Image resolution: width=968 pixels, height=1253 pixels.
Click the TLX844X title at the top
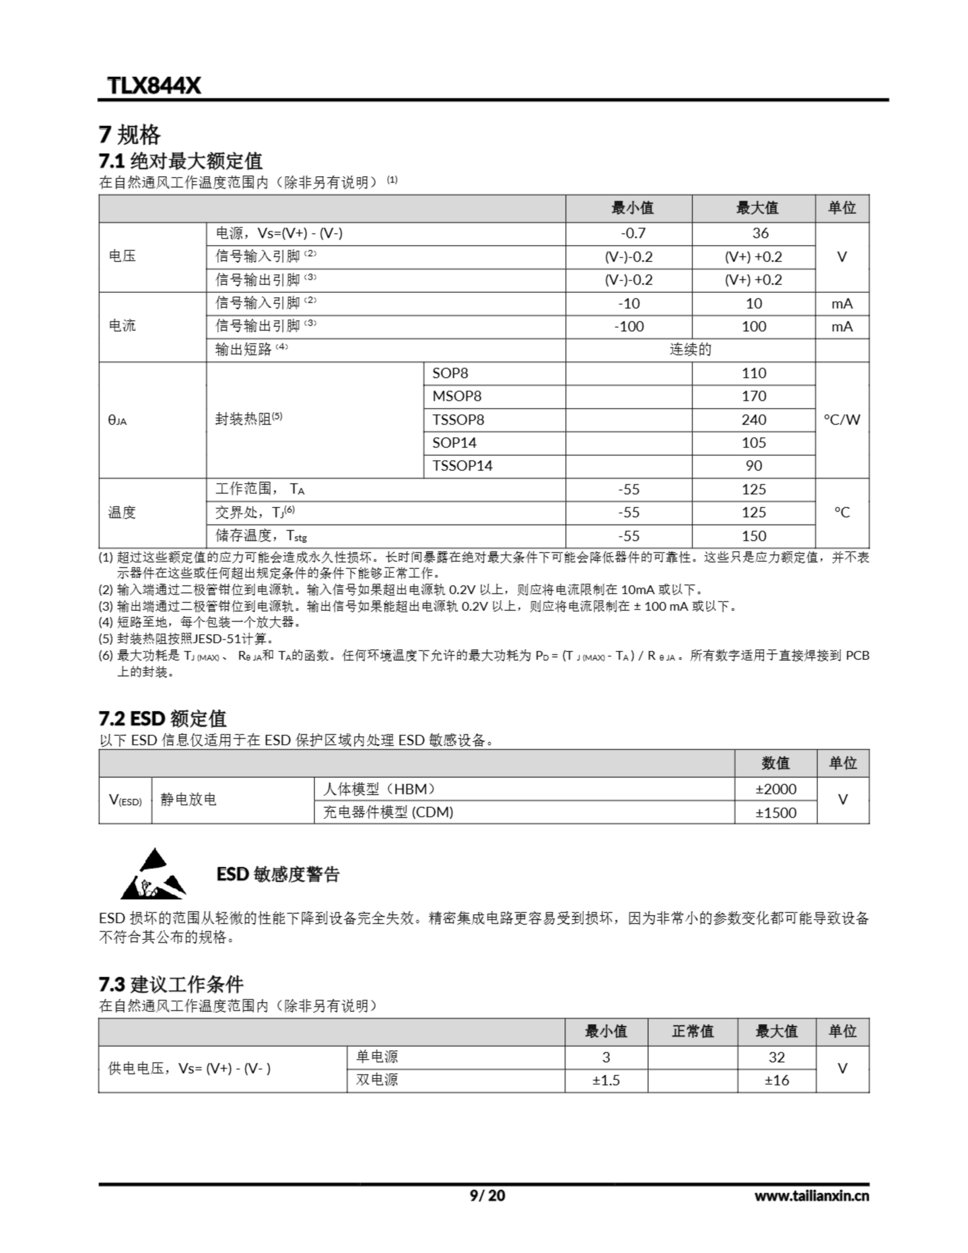click(154, 86)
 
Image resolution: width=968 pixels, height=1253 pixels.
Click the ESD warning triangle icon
click(153, 874)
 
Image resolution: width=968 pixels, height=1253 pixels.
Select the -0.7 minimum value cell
click(633, 233)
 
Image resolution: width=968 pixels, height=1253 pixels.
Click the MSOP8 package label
click(457, 396)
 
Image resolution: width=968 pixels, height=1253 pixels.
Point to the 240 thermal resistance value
click(753, 420)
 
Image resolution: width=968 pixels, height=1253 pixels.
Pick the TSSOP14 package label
click(462, 466)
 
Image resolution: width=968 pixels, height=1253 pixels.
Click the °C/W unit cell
click(842, 420)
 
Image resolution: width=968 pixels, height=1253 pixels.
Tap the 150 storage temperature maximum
click(753, 536)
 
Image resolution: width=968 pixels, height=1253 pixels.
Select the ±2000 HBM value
click(776, 789)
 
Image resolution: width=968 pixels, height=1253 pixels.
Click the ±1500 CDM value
click(776, 813)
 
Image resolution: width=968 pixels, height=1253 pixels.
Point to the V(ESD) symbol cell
click(125, 800)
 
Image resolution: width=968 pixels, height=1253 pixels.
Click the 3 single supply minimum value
click(606, 1057)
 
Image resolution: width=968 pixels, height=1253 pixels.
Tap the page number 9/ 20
click(487, 1196)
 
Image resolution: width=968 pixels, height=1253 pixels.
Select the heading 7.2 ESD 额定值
click(162, 719)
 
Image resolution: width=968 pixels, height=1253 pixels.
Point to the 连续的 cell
click(691, 350)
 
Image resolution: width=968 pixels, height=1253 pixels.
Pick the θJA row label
click(117, 420)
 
